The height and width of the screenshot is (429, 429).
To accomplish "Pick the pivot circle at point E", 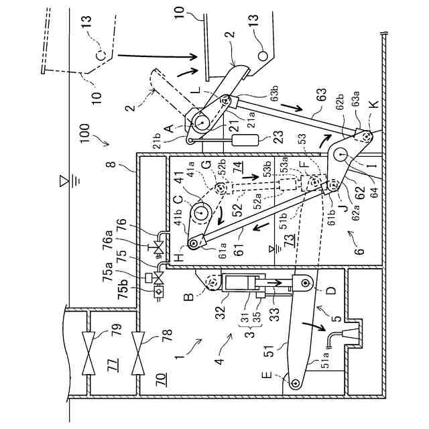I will tap(294, 381).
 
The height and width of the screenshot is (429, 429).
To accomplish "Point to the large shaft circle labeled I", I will tap(344, 155).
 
